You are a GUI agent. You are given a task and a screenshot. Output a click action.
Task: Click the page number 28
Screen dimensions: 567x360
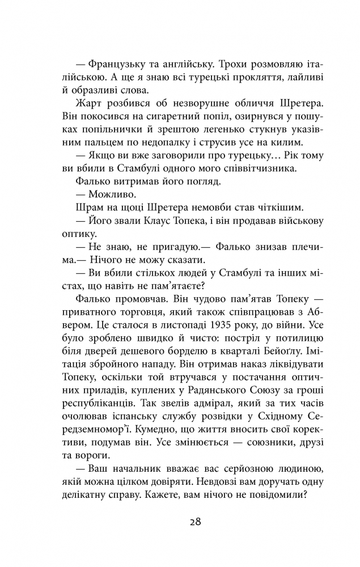tap(180, 521)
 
